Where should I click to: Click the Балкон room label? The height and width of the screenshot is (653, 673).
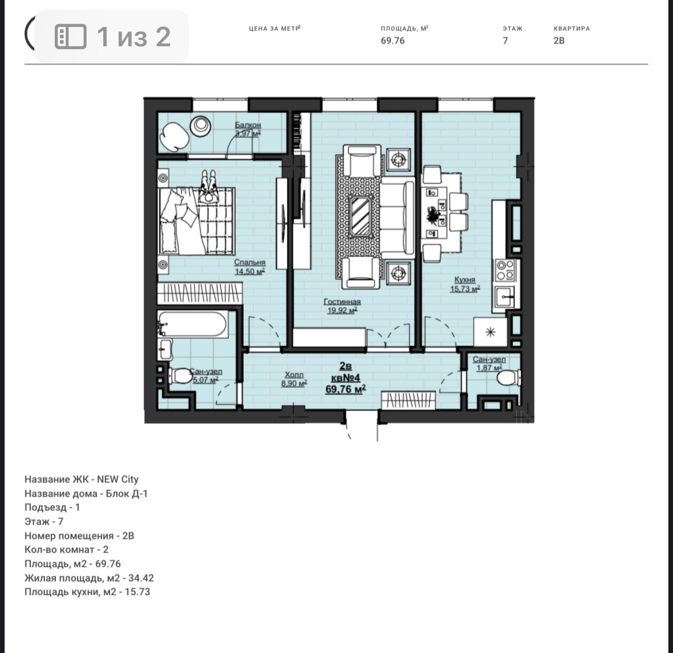tap(248, 125)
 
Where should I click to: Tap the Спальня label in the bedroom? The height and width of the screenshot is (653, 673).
tap(250, 263)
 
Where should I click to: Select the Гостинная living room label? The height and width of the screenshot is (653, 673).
tap(342, 302)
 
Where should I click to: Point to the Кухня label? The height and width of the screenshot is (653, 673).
tap(465, 280)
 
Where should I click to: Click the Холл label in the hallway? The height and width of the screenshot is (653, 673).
tap(294, 375)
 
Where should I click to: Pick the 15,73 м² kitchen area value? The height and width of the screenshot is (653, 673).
tap(465, 289)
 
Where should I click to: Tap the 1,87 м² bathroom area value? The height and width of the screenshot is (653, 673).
tap(489, 368)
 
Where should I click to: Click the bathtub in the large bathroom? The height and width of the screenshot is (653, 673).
tap(192, 325)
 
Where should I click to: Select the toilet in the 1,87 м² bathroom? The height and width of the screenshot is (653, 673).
tap(508, 378)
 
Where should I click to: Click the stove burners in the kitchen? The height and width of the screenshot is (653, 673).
tap(505, 269)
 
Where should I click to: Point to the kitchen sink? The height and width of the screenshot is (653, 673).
tap(505, 297)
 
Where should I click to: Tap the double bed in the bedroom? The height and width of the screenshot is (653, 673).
tap(198, 221)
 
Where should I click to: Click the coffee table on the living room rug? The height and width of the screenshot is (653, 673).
tap(361, 216)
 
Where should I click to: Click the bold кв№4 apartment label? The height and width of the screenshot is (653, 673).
tap(345, 378)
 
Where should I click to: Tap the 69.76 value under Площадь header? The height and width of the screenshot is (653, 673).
tap(393, 41)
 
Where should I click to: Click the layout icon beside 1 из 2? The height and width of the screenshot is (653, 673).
tap(71, 37)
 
